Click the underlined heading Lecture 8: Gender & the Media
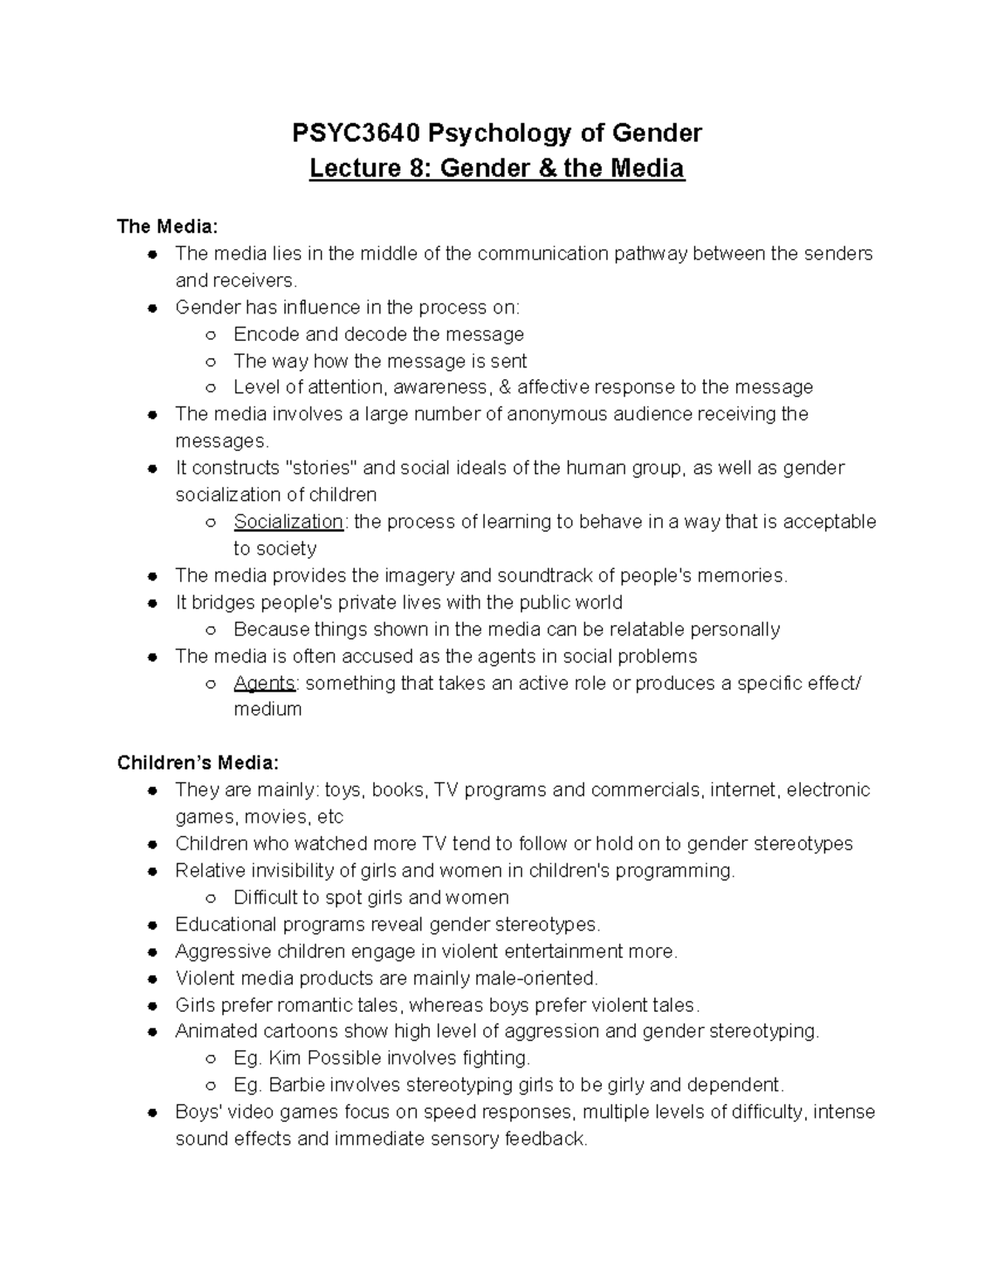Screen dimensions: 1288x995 [x=497, y=169]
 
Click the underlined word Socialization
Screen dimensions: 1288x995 [x=288, y=522]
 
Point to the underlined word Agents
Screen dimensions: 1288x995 [x=265, y=683]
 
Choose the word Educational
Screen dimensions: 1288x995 [x=226, y=924]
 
